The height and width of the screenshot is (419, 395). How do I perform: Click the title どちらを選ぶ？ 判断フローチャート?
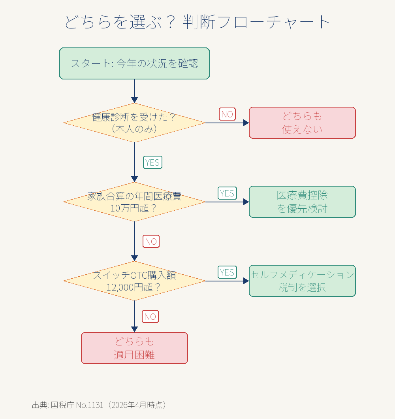pos(197,22)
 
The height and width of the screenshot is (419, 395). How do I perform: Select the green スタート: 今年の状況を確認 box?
pos(134,64)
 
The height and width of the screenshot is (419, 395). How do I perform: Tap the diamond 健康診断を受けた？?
pos(134,123)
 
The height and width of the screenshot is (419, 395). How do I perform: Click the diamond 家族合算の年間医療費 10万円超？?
pos(134,202)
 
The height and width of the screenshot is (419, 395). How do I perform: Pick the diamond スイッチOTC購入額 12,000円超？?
pos(134,281)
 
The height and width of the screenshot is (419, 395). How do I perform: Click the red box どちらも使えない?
pos(302,123)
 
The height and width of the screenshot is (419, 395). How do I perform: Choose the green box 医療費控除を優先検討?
pos(302,202)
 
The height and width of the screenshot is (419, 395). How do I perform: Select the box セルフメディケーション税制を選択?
pos(302,281)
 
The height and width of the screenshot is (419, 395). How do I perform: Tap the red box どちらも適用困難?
pos(134,348)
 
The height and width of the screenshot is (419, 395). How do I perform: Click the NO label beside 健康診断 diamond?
pos(227,114)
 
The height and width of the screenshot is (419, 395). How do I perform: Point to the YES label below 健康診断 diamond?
pos(152,162)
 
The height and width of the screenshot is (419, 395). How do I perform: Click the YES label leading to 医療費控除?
pos(227,193)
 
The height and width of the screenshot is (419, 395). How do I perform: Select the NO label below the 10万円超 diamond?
pos(151,242)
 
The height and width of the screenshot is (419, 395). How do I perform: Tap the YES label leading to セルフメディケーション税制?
pos(227,272)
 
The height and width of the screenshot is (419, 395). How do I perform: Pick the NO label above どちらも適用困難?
pos(150,317)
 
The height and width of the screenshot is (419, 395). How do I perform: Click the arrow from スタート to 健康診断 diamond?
pos(134,91)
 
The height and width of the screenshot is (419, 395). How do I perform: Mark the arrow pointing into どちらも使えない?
pos(227,123)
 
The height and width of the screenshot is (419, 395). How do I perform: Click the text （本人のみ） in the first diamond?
pos(134,129)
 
